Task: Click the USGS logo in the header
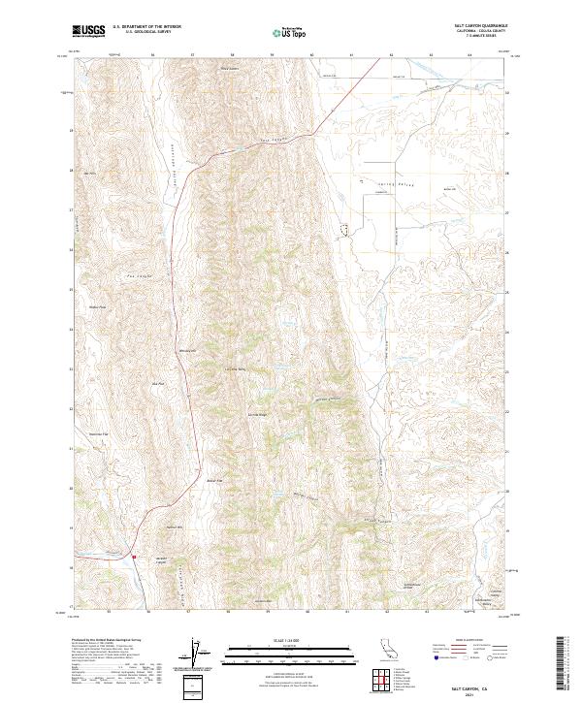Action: tap(89, 31)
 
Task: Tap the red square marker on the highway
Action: tap(134, 557)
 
